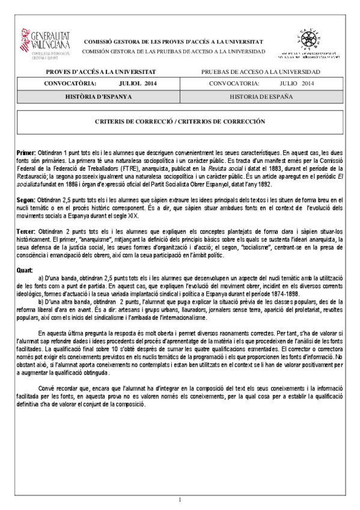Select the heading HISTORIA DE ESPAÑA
(x=261, y=96)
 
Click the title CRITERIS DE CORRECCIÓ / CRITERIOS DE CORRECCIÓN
(x=180, y=121)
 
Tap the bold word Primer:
(x=26, y=154)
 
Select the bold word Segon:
(x=26, y=199)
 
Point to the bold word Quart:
(x=25, y=269)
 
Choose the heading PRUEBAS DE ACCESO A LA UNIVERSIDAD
(x=261, y=72)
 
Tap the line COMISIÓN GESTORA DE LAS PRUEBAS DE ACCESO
(x=172, y=51)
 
